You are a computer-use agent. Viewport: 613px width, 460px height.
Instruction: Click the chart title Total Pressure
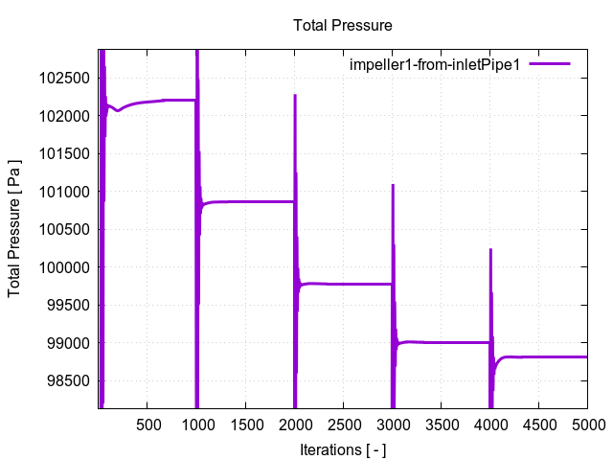click(343, 25)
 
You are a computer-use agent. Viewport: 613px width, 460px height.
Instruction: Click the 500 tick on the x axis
click(148, 424)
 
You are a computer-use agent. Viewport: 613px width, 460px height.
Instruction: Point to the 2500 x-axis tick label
click(343, 424)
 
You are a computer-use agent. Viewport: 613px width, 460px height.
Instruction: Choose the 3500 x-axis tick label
click(441, 424)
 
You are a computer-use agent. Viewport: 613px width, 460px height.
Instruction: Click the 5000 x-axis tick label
click(585, 424)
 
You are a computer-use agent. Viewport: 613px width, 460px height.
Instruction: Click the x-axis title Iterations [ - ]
click(343, 448)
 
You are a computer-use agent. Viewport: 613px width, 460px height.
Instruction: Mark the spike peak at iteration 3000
click(393, 185)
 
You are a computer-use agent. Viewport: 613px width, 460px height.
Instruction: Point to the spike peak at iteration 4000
click(490, 250)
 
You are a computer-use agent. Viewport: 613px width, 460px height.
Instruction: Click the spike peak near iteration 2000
click(295, 95)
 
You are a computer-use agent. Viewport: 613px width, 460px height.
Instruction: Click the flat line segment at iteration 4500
click(538, 356)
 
